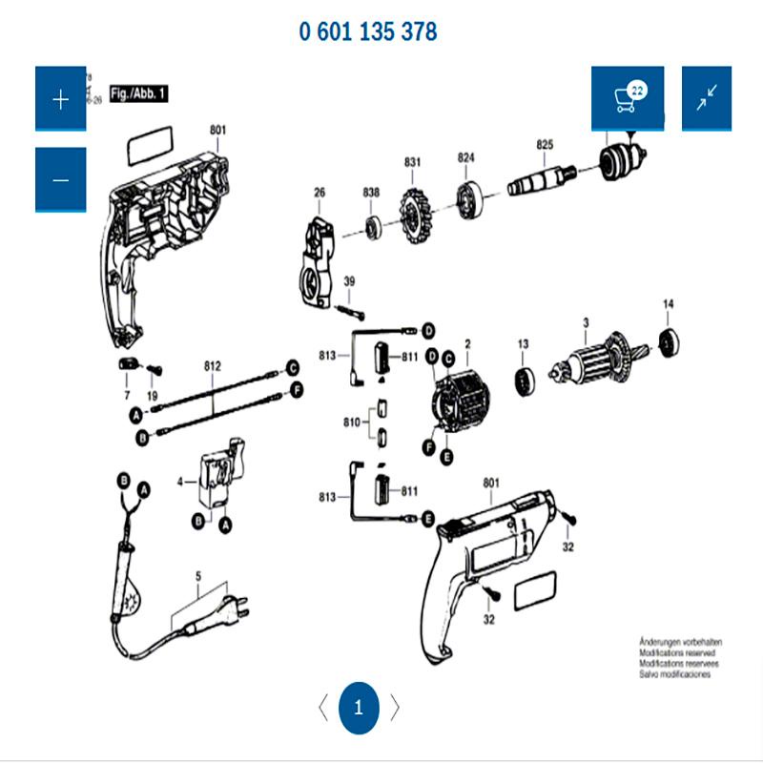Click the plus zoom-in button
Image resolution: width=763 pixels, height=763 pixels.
pyautogui.click(x=60, y=99)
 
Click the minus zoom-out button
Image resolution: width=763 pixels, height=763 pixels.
pyautogui.click(x=60, y=180)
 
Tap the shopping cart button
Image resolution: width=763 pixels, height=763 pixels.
pyautogui.click(x=627, y=99)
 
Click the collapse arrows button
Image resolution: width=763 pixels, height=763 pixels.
pyautogui.click(x=707, y=99)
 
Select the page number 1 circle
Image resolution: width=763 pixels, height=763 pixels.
pyautogui.click(x=359, y=708)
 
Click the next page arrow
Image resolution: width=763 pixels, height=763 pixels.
pyautogui.click(x=395, y=708)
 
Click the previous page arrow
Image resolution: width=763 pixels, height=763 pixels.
pyautogui.click(x=322, y=708)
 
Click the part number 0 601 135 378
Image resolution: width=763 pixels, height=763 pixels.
pyautogui.click(x=368, y=31)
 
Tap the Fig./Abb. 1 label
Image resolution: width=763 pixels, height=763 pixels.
pyautogui.click(x=139, y=93)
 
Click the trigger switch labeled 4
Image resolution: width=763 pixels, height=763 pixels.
pyautogui.click(x=217, y=476)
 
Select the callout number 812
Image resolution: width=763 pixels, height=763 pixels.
pyautogui.click(x=212, y=366)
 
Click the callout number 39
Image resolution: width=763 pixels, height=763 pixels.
pyautogui.click(x=349, y=281)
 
